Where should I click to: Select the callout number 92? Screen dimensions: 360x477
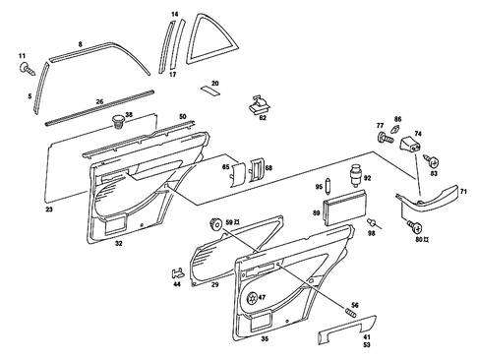click(368, 178)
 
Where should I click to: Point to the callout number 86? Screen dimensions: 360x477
click(397, 118)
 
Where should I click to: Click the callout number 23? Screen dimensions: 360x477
click(49, 210)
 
